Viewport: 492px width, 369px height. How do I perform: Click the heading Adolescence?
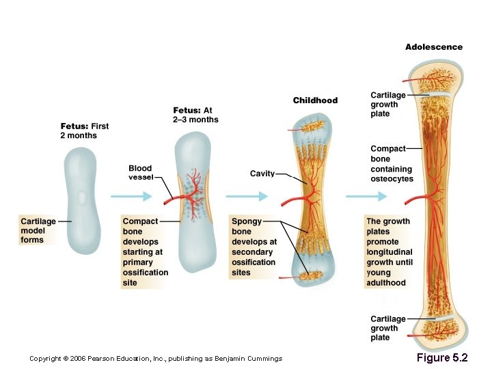433,47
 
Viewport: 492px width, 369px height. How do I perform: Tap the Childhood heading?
315,100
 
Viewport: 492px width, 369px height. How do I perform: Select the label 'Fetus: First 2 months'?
85,131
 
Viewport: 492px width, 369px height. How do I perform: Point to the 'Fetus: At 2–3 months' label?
195,115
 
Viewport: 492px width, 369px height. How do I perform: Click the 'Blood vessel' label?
140,173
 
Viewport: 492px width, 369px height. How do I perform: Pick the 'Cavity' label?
262,174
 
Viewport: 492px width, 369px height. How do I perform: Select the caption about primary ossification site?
145,251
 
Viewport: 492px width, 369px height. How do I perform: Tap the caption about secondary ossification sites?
254,247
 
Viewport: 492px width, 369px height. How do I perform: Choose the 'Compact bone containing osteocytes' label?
392,164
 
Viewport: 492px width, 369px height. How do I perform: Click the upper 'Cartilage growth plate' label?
387,105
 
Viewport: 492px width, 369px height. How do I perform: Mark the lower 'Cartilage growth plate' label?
387,328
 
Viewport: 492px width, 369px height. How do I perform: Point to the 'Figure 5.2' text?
442,357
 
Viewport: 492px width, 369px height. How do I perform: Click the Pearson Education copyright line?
156,359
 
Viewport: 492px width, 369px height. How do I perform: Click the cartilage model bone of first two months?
82,199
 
